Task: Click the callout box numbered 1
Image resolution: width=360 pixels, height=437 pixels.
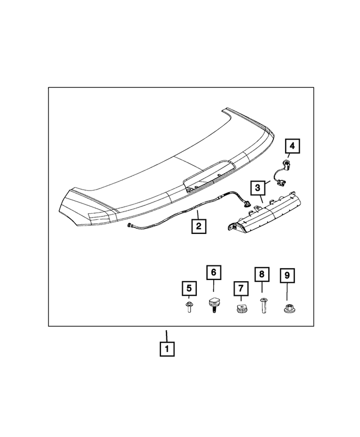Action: (166, 349)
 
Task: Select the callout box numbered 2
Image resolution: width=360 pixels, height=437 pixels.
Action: (198, 226)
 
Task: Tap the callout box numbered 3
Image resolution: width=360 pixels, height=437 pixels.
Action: (256, 187)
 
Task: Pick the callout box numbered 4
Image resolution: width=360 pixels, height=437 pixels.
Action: (292, 147)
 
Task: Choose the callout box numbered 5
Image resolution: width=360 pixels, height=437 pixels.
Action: (189, 289)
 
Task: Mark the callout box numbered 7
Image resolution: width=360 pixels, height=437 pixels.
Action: (240, 289)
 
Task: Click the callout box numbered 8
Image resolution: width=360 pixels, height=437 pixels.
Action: (262, 275)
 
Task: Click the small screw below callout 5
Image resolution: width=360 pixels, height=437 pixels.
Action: (189, 308)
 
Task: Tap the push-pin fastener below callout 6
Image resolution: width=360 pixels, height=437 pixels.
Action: (214, 306)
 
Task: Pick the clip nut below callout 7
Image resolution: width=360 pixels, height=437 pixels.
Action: (241, 309)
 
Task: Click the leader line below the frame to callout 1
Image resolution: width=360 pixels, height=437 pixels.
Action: (166, 334)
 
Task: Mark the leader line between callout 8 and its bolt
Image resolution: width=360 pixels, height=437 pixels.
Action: (262, 290)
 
